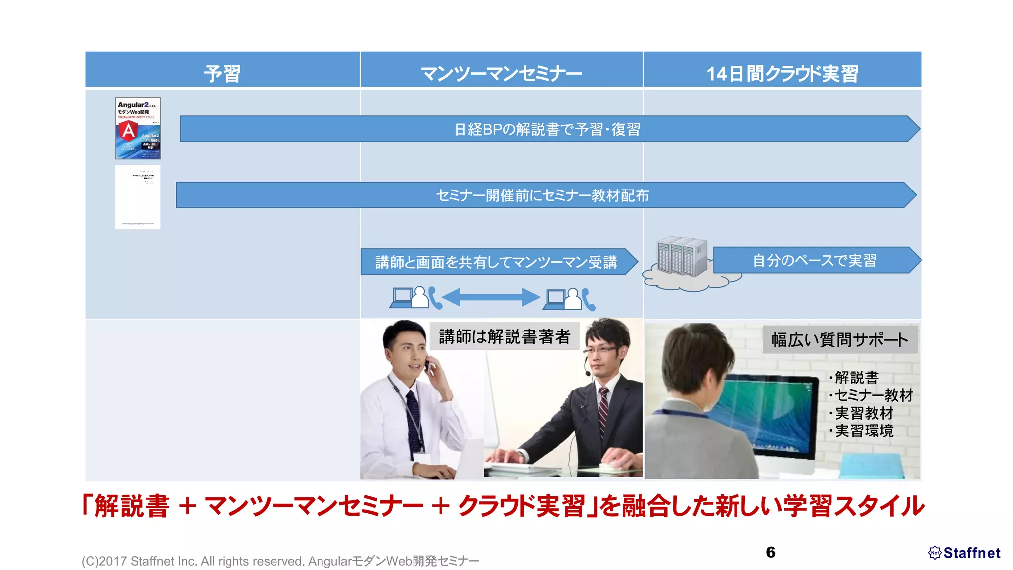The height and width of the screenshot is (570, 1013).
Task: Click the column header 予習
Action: point(222,73)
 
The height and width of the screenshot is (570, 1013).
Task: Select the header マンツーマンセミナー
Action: point(501,73)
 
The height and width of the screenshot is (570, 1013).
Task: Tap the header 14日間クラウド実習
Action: point(782,73)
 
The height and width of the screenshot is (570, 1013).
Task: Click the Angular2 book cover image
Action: point(138,128)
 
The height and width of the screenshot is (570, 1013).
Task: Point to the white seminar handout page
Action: point(138,197)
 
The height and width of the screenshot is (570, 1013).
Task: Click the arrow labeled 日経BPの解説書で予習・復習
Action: point(547,129)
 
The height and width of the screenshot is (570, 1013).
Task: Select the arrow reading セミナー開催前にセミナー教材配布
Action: point(543,195)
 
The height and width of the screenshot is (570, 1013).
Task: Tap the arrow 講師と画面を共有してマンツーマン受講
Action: point(496,262)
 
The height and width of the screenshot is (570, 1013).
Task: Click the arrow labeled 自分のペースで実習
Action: point(815,260)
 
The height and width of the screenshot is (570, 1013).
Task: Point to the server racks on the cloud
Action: point(682,256)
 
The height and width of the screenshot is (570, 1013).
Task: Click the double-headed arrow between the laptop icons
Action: point(490,297)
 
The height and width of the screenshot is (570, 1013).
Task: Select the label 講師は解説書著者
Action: point(505,336)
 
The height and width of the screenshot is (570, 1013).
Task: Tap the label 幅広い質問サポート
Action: point(839,340)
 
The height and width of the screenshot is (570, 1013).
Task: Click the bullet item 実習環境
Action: point(864,431)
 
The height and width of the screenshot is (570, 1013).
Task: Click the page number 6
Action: point(770,552)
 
